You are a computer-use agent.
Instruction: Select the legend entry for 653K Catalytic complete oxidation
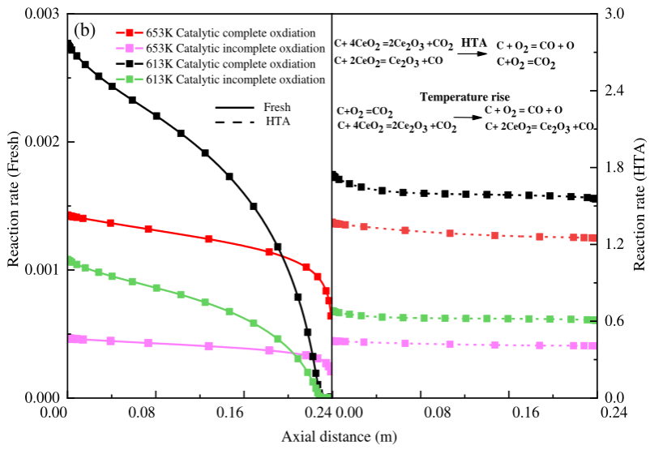pyautogui.click(x=219, y=33)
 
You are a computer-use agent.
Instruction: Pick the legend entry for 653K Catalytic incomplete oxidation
pyautogui.click(x=219, y=49)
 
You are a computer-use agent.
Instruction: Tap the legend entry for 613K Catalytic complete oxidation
pyautogui.click(x=219, y=64)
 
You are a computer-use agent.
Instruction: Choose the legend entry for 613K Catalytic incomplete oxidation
pyautogui.click(x=219, y=79)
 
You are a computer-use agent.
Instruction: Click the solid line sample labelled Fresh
pyautogui.click(x=232, y=107)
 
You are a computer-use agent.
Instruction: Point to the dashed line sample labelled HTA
pyautogui.click(x=232, y=122)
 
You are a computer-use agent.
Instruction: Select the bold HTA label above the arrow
pyautogui.click(x=474, y=41)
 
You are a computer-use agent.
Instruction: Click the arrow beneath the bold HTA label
pyautogui.click(x=473, y=53)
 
